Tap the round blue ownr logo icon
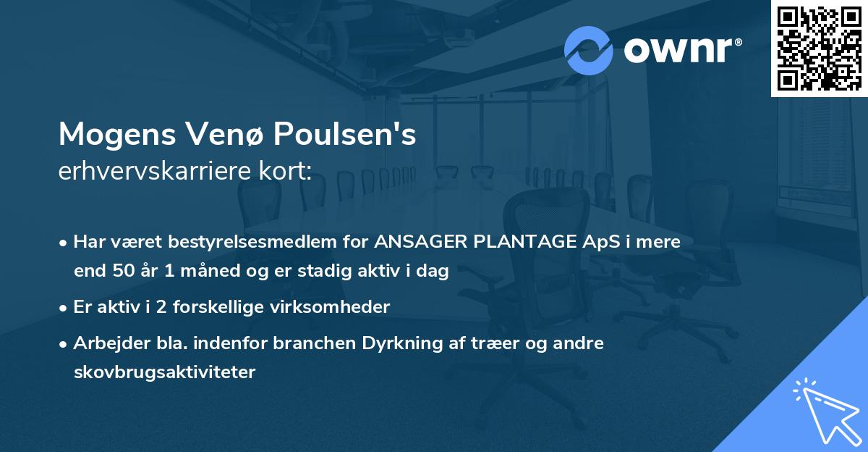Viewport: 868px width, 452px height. tap(590, 50)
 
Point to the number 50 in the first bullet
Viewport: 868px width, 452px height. tap(122, 272)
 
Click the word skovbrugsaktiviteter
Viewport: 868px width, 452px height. tap(164, 372)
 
